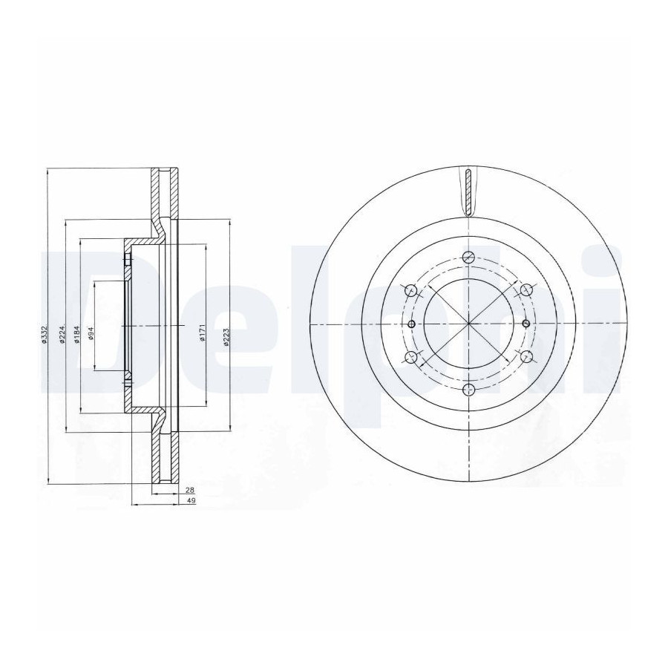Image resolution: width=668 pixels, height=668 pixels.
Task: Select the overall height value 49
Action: pos(191,502)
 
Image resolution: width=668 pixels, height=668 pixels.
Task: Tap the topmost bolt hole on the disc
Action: pos(468,258)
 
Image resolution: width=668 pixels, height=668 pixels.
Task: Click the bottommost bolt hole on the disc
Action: pos(468,389)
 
